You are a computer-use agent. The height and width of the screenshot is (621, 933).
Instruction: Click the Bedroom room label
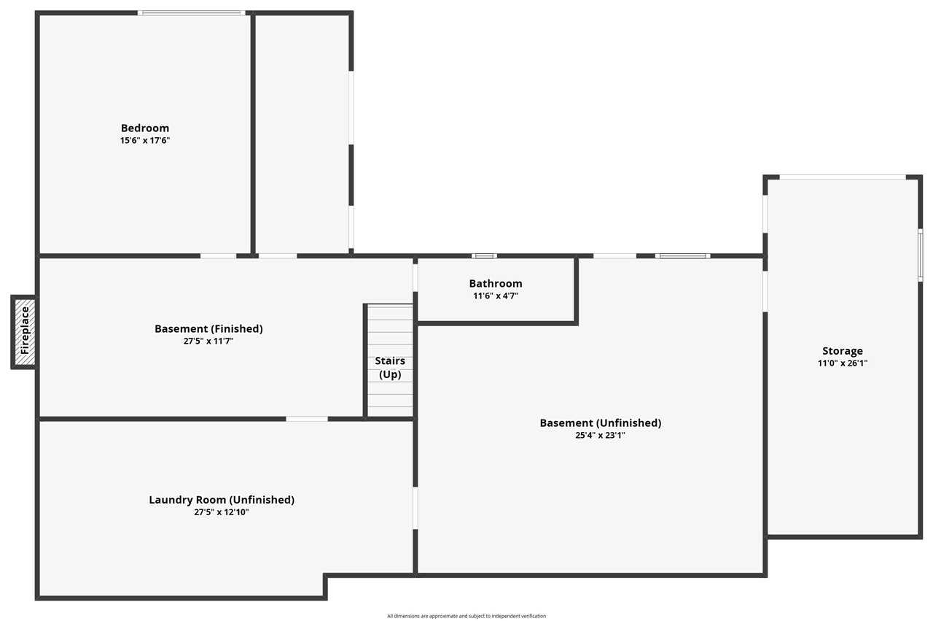click(x=145, y=128)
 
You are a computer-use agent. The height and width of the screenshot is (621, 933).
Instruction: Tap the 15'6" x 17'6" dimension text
click(x=145, y=140)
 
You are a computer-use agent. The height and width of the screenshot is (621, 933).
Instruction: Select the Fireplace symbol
click(x=24, y=331)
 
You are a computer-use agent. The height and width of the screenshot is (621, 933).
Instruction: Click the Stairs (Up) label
click(x=390, y=368)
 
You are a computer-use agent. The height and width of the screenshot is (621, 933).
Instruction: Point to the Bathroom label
click(x=496, y=284)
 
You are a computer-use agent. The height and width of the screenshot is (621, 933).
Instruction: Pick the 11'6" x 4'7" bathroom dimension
click(x=496, y=296)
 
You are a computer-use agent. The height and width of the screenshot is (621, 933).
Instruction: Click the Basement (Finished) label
click(x=208, y=328)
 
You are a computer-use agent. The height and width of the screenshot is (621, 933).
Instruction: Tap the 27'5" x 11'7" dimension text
click(x=208, y=341)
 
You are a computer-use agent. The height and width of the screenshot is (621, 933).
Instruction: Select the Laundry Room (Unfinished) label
click(x=222, y=500)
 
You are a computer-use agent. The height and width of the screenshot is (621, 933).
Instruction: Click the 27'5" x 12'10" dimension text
click(x=222, y=512)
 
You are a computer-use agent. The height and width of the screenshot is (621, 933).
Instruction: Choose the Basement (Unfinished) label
click(x=600, y=423)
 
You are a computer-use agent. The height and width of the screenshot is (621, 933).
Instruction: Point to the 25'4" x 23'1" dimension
click(x=600, y=435)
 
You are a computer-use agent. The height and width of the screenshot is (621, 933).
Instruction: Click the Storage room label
click(x=843, y=351)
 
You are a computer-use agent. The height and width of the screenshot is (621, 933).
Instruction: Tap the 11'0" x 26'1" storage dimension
click(x=843, y=363)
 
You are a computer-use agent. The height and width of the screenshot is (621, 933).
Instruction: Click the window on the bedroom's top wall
click(x=192, y=12)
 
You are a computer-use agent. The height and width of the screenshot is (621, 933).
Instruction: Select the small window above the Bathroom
click(x=484, y=255)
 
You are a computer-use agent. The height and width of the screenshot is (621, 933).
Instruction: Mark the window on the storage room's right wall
click(x=920, y=255)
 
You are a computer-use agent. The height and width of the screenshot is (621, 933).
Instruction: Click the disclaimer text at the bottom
click(x=466, y=616)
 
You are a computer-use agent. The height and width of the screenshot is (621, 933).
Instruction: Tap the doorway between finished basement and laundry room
click(x=306, y=419)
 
